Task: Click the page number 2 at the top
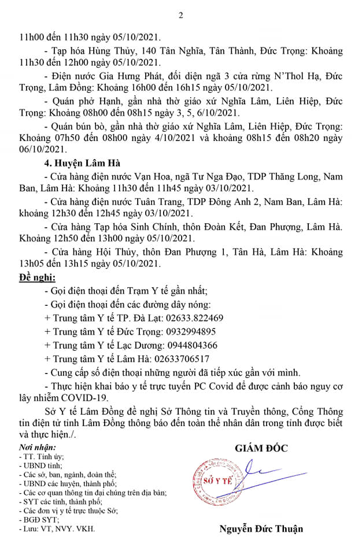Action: point(180,16)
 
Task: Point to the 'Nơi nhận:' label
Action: point(38,447)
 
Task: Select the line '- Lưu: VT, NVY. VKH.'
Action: point(52,528)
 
